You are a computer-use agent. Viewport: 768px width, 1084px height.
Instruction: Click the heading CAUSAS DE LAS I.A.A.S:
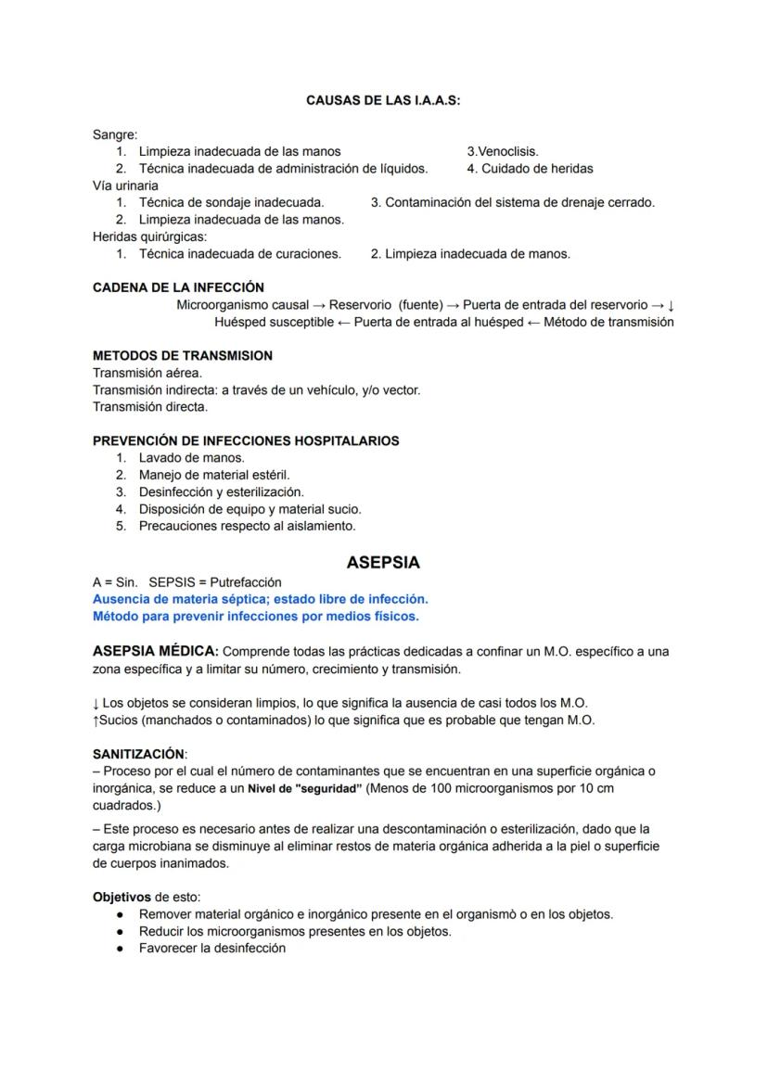pyautogui.click(x=383, y=101)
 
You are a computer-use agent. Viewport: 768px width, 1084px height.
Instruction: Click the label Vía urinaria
pyautogui.click(x=125, y=185)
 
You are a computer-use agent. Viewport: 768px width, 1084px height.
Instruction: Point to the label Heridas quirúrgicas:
pyautogui.click(x=149, y=236)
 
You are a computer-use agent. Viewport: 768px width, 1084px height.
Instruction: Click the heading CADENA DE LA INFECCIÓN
pyautogui.click(x=178, y=287)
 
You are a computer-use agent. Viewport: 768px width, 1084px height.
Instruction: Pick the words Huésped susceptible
pyautogui.click(x=274, y=322)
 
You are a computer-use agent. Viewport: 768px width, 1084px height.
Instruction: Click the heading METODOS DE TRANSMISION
pyautogui.click(x=183, y=356)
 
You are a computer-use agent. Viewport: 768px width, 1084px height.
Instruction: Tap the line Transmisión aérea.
pyautogui.click(x=147, y=373)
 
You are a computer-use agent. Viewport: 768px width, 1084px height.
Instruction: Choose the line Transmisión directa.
pyautogui.click(x=150, y=406)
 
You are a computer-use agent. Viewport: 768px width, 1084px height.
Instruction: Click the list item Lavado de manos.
pyautogui.click(x=191, y=458)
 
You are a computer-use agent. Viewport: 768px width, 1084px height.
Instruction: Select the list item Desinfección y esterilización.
pyautogui.click(x=221, y=491)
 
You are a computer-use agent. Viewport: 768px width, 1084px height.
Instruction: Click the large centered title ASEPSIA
pyautogui.click(x=383, y=563)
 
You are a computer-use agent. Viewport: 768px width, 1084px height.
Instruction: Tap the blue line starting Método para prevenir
pyautogui.click(x=255, y=616)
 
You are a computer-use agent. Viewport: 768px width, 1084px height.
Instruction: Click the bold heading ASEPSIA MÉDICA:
pyautogui.click(x=156, y=652)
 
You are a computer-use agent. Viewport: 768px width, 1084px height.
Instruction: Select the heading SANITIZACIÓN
pyautogui.click(x=138, y=754)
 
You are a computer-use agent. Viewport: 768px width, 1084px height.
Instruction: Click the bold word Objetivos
pyautogui.click(x=122, y=897)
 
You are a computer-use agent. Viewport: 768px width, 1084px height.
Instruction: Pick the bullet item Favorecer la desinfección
pyautogui.click(x=211, y=948)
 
